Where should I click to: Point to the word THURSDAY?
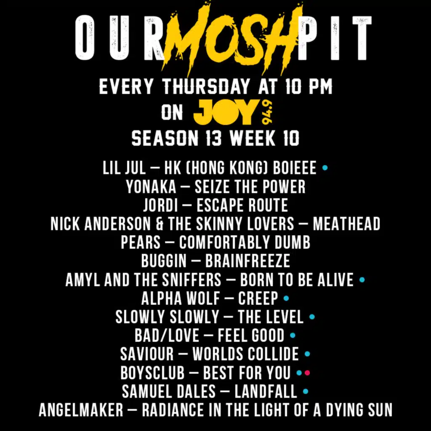click(206, 87)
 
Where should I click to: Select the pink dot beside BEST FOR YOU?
click(307, 373)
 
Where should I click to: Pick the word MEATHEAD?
click(346, 224)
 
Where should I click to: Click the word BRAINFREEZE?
click(247, 261)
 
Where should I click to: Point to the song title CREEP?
click(258, 298)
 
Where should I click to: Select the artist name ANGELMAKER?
click(81, 410)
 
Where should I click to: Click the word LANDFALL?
click(266, 391)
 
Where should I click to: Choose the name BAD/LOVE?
click(167, 335)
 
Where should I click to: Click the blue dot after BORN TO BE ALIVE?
click(362, 279)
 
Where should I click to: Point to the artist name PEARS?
click(141, 242)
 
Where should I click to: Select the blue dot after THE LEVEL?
click(312, 317)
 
